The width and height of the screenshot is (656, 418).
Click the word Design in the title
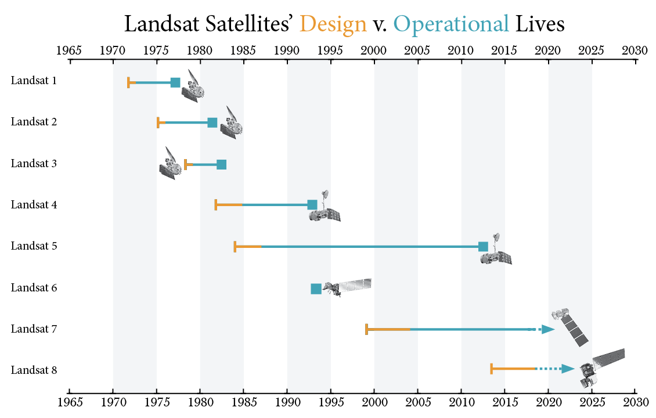[333, 24]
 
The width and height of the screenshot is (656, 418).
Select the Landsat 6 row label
[34, 287]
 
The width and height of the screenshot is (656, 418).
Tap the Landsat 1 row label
[34, 80]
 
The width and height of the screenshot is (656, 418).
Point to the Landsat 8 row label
[34, 370]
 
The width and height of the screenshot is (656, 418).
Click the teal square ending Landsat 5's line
[483, 247]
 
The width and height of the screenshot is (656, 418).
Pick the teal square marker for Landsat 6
[316, 289]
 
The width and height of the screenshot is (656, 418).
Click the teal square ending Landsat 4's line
[312, 204]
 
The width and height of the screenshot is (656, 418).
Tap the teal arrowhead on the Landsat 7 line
[549, 329]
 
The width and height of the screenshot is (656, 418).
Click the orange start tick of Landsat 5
[235, 247]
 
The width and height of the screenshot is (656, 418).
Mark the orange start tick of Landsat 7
[366, 329]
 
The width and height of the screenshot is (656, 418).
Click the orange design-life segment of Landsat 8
[513, 369]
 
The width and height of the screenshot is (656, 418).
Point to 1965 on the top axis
[69, 50]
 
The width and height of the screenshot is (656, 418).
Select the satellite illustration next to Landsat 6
[347, 287]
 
